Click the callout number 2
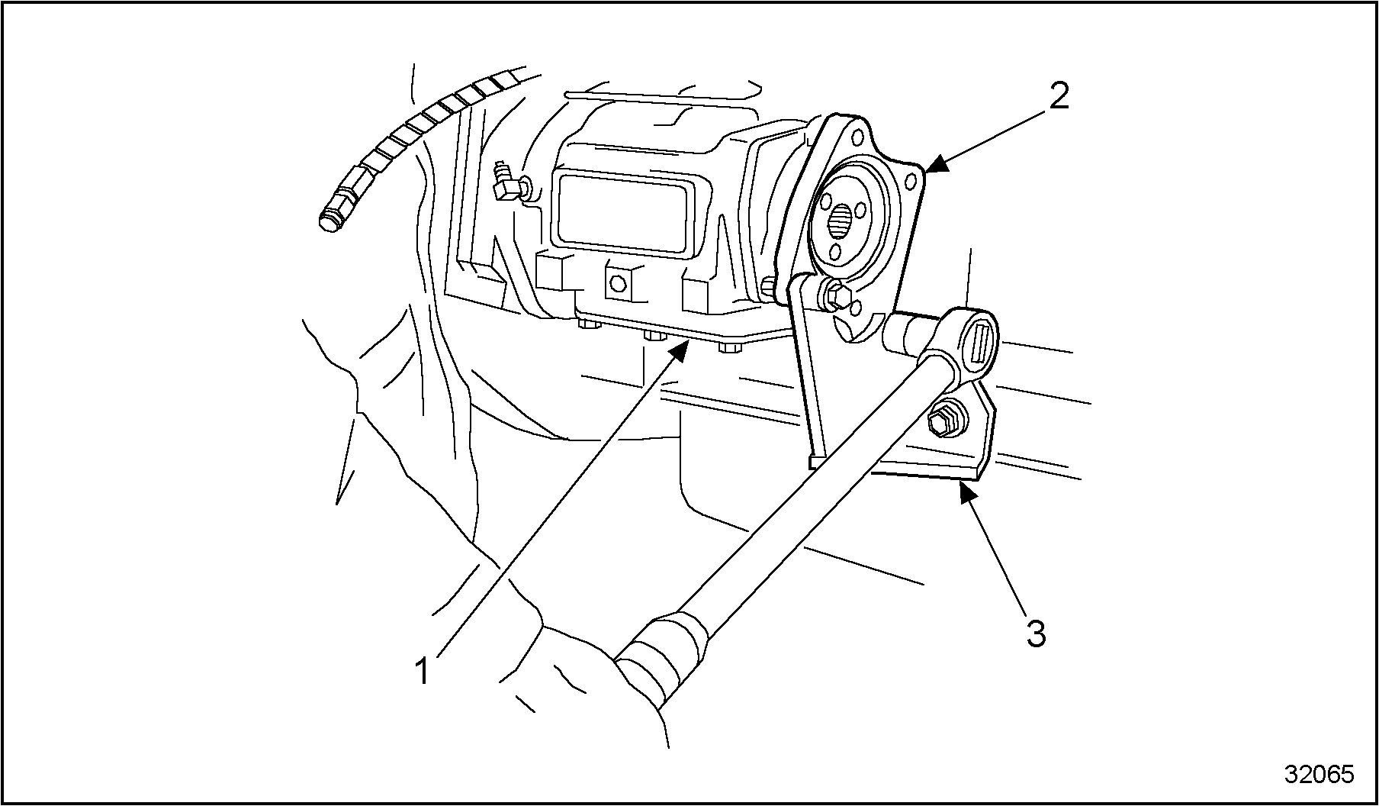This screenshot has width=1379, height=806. click(x=1058, y=96)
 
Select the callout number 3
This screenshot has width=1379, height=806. click(x=1035, y=633)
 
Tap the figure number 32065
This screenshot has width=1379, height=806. click(x=1319, y=774)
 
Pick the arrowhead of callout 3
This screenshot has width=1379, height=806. click(x=964, y=489)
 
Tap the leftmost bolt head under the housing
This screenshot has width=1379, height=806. click(x=587, y=326)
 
